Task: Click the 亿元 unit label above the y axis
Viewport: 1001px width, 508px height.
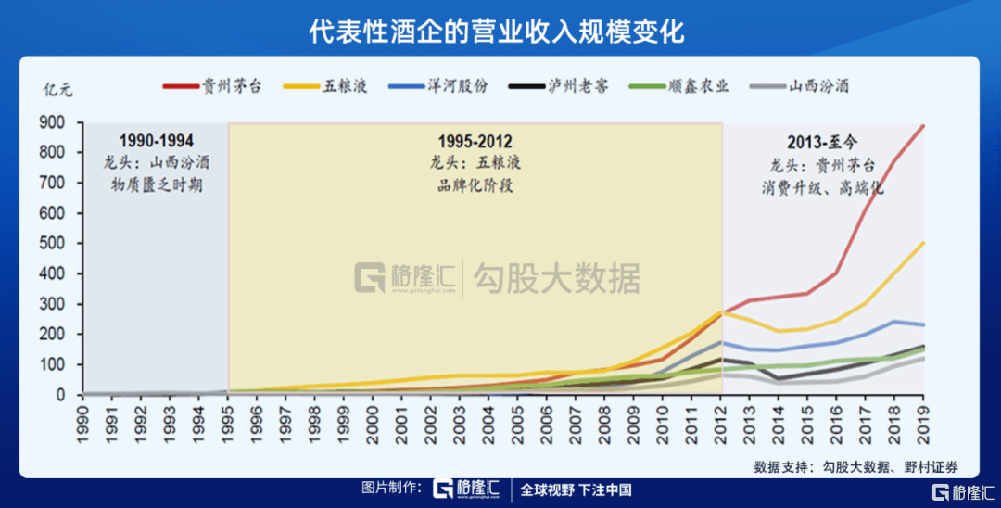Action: (x=57, y=89)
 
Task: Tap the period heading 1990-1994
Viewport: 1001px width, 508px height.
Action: (x=156, y=141)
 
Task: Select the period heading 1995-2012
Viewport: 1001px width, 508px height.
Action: (x=475, y=141)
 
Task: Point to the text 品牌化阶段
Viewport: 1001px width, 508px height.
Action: (x=475, y=184)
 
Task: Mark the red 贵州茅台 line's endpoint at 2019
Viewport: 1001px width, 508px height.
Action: (x=924, y=125)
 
